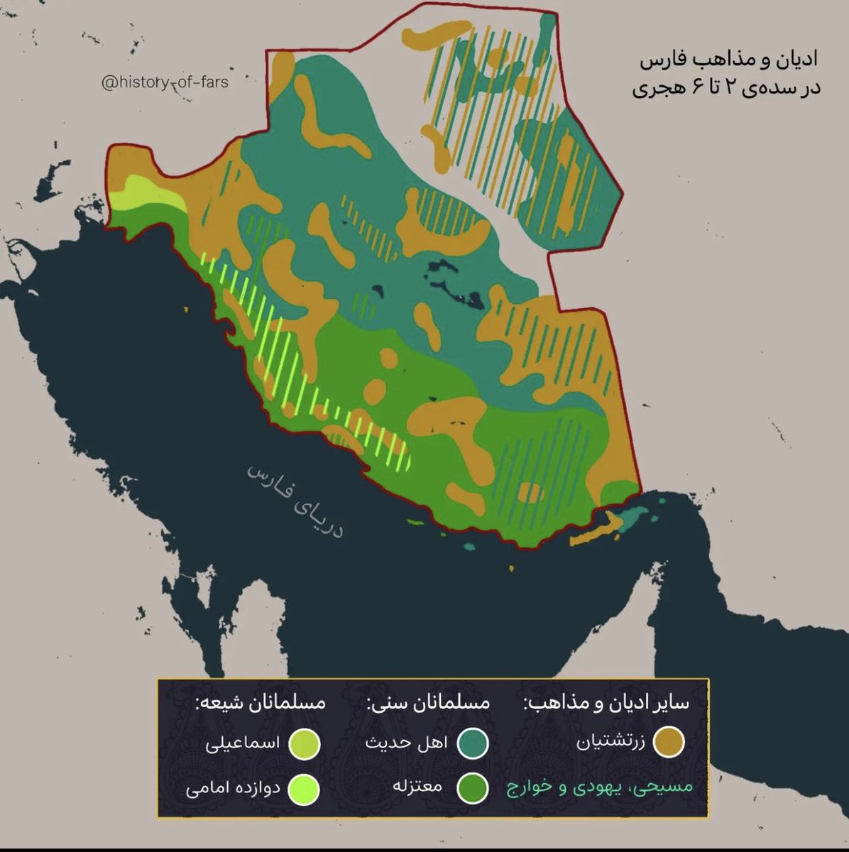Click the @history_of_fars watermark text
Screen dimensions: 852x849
[165, 83]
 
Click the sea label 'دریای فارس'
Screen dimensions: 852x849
[295, 501]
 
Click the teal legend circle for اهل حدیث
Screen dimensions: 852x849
[472, 743]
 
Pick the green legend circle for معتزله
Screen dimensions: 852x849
[472, 787]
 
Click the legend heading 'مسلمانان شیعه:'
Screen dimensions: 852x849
[261, 703]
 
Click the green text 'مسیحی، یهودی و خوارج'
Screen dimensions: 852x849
[598, 787]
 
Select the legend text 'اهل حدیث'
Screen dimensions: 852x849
[406, 743]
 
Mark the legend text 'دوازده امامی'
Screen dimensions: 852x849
[232, 788]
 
